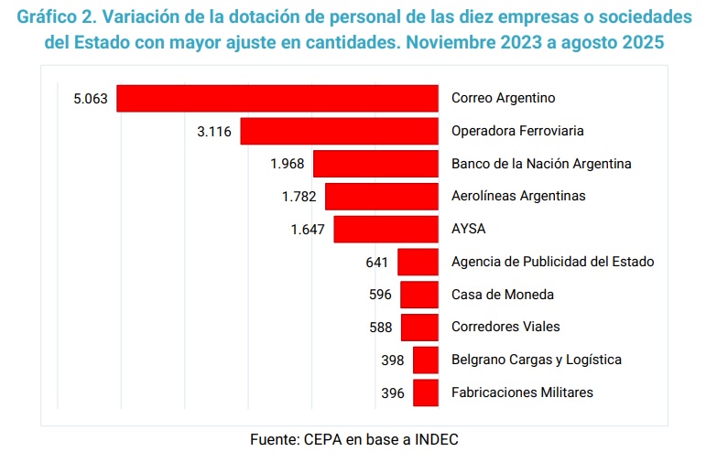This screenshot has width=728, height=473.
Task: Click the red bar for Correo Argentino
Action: tap(277, 98)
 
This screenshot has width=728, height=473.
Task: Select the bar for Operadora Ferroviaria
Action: tap(339, 131)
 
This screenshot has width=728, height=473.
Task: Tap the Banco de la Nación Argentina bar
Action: tap(375, 164)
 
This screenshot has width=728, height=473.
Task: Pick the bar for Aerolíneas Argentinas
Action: tap(381, 197)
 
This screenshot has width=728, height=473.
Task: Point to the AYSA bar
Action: tap(386, 229)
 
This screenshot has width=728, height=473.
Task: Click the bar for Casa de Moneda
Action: tap(419, 295)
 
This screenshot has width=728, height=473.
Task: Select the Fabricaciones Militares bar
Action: tap(425, 392)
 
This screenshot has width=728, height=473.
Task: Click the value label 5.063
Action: tap(91, 98)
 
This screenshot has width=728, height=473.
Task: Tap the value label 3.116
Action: tap(214, 131)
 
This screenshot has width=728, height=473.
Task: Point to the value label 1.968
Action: tap(287, 164)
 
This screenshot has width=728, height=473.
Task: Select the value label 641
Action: tap(377, 262)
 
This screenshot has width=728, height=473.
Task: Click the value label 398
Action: tap(392, 360)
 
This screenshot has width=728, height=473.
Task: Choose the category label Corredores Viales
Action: tap(505, 327)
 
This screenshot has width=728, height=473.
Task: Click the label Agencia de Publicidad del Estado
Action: tap(552, 262)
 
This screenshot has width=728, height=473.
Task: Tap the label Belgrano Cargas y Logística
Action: tap(536, 360)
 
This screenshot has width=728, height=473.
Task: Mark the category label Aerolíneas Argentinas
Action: tap(518, 196)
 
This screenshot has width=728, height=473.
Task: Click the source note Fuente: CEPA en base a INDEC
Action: tap(353, 439)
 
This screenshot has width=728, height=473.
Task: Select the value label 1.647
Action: tap(308, 229)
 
